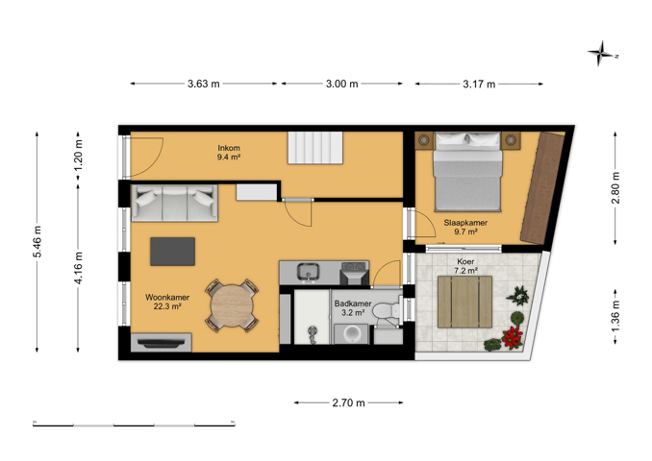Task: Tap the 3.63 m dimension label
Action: (x=203, y=84)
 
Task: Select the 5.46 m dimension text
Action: (x=38, y=242)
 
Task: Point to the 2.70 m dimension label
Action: (x=348, y=402)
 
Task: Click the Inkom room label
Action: (x=229, y=148)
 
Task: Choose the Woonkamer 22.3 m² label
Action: (x=167, y=302)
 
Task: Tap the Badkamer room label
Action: (x=353, y=303)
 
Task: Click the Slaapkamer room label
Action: (x=465, y=223)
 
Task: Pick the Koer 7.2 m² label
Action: (x=465, y=266)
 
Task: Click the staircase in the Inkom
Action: (x=315, y=148)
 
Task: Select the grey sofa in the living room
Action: (x=174, y=203)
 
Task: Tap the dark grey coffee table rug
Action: (x=172, y=252)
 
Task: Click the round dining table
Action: (x=232, y=305)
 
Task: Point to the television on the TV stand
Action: (x=162, y=343)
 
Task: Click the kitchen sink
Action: (x=308, y=271)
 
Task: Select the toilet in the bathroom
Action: (x=387, y=310)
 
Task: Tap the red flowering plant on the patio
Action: (x=513, y=337)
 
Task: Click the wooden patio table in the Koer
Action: (x=464, y=302)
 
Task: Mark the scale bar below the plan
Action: (x=134, y=425)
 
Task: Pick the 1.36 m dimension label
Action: (x=615, y=317)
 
